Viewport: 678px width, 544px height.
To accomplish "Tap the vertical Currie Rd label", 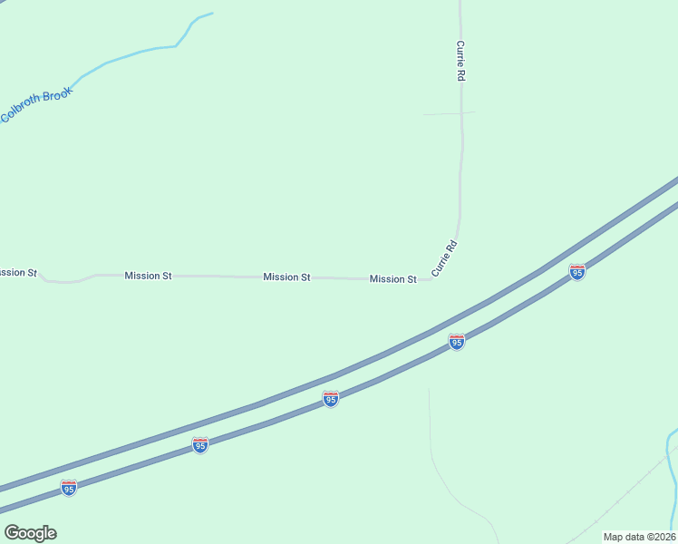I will pos(461,61).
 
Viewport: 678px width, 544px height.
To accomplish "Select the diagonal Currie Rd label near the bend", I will pos(442,258).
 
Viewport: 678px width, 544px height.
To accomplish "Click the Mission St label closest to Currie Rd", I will pos(392,279).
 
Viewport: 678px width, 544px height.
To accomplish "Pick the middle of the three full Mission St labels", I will pos(286,277).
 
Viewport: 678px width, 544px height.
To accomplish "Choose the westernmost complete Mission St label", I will pos(148,275).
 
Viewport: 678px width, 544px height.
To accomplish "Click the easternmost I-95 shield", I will pos(576,272).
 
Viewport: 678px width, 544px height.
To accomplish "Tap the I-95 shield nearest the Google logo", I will pos(69,488).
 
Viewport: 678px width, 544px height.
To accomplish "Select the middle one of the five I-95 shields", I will pos(331,399).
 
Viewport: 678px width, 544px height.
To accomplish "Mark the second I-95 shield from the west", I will pos(200,444).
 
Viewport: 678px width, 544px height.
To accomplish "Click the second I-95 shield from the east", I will pos(457,341).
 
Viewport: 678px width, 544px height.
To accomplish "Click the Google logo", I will pos(30,533).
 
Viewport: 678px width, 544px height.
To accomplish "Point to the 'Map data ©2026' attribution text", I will pos(639,537).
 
